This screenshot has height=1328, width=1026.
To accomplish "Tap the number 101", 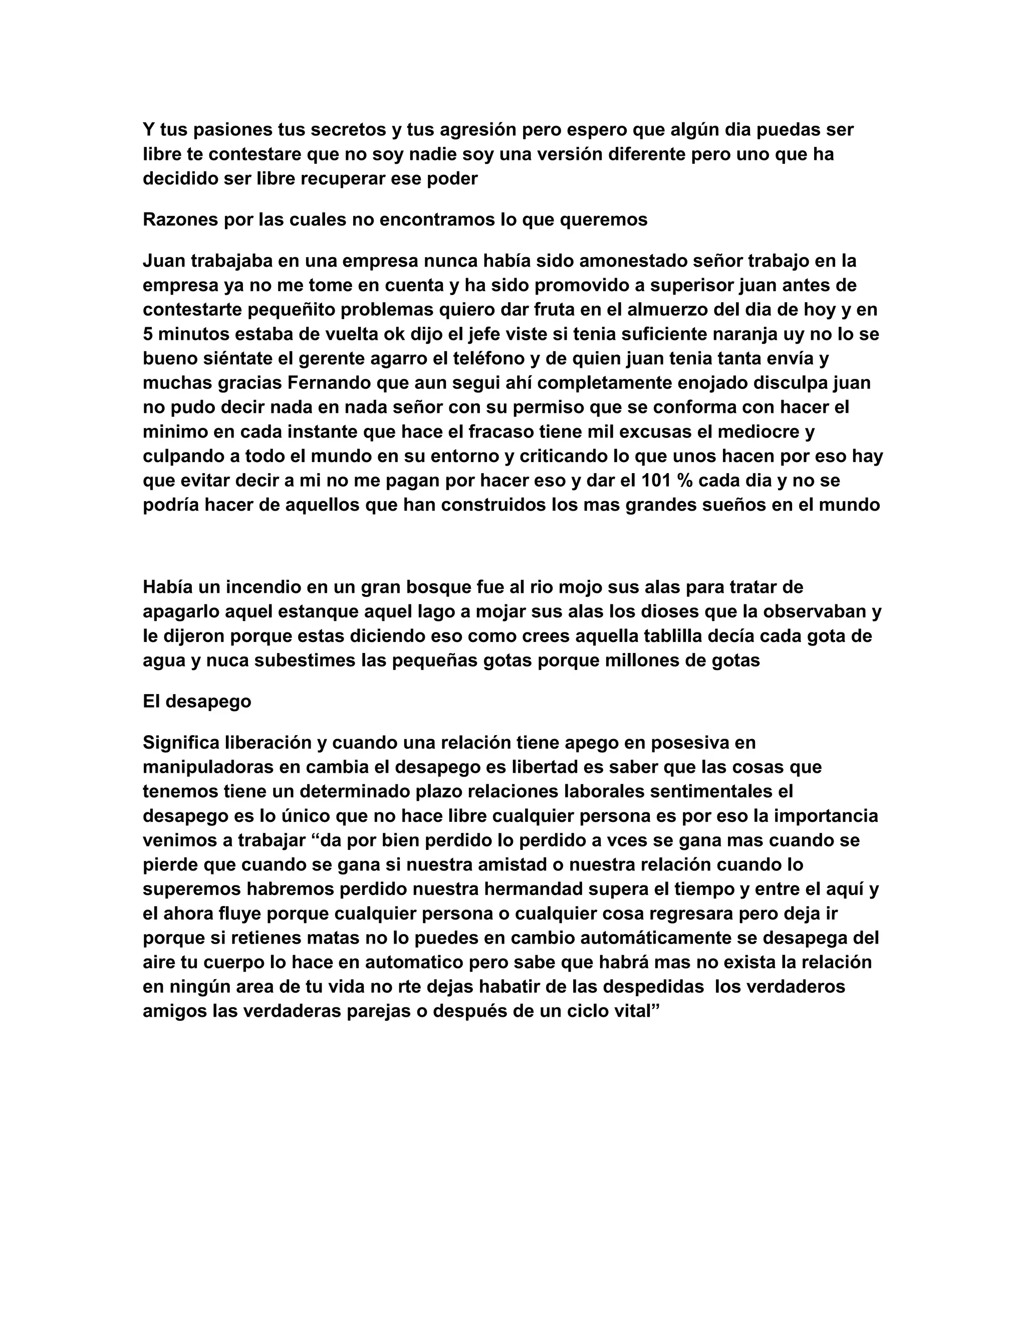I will point(655,481).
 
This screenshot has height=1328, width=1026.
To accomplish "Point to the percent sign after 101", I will point(685,481).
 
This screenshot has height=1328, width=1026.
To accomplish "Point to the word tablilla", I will point(641,636).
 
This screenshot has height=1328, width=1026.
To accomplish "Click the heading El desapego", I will point(197,701).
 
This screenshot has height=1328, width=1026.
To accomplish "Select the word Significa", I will point(181,743).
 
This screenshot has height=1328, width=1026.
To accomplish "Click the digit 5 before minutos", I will point(148,334).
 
